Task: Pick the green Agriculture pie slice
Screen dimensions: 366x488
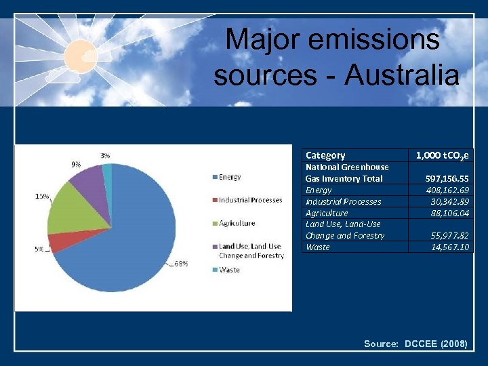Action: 71,210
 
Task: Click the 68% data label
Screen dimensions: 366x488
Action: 181,264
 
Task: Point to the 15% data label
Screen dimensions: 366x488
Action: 42,197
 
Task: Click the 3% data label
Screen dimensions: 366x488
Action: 106,155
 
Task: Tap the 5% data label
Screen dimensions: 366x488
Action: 40,249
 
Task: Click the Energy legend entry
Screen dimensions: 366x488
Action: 229,177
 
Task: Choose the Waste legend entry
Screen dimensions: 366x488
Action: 228,270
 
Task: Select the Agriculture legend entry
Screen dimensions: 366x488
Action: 237,223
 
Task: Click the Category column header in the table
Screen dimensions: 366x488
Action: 325,155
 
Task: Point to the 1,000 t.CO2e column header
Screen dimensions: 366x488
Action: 442,155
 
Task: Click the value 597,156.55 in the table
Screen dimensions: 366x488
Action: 447,178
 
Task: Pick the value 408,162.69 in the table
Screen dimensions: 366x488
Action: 447,190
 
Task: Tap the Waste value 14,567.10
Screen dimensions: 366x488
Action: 450,247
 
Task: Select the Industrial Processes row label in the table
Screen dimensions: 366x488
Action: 343,201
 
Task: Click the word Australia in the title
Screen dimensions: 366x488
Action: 403,75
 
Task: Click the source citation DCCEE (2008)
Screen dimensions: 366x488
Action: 435,344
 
